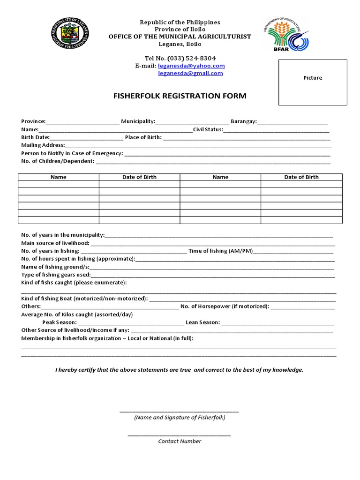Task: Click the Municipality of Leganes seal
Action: [x=70, y=36]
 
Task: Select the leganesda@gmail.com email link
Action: [x=190, y=73]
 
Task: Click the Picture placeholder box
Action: [x=313, y=82]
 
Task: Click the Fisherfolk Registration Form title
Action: [x=180, y=96]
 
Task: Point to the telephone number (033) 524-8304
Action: [x=180, y=58]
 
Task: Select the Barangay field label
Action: [x=243, y=121]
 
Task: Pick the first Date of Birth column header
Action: [x=139, y=177]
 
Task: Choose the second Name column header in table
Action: [x=220, y=177]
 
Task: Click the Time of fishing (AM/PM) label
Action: [x=220, y=251]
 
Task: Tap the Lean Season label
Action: [x=202, y=322]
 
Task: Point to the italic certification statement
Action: [x=180, y=370]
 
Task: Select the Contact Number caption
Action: [x=180, y=441]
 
